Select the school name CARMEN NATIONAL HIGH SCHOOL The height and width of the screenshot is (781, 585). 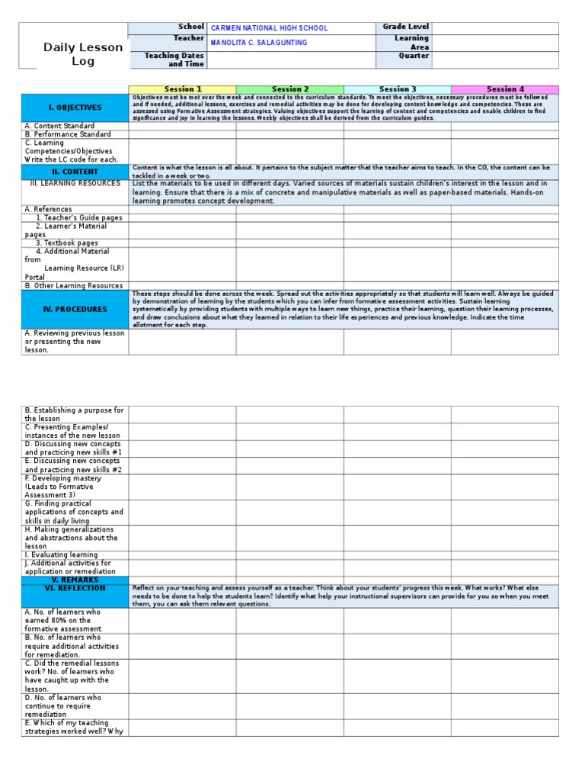click(269, 28)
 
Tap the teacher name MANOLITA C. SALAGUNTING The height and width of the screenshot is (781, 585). click(259, 43)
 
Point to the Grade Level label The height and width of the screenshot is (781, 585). click(405, 27)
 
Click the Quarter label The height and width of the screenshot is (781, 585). click(414, 56)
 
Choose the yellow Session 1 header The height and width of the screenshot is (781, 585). click(183, 89)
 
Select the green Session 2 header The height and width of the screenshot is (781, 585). click(290, 89)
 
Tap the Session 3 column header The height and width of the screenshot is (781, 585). click(398, 89)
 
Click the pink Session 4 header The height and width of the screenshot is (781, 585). click(505, 89)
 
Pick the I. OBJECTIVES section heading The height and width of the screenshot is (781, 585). click(75, 108)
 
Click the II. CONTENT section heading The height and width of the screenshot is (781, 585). click(75, 172)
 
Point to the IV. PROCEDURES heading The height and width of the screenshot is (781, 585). click(75, 310)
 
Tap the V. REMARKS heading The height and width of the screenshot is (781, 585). click(75, 580)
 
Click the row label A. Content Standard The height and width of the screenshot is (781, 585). click(59, 126)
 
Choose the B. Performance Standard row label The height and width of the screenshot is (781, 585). click(68, 134)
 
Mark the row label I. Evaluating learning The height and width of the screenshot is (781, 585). click(62, 554)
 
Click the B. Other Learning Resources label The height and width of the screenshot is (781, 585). click(74, 285)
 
